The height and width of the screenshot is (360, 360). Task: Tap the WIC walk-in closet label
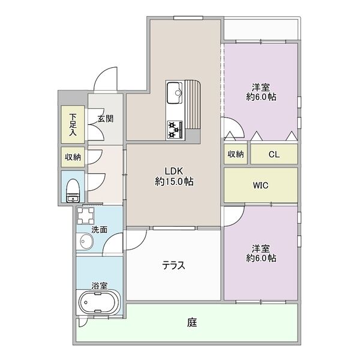pos(260,185)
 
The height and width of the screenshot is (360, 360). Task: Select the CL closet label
pos(274,154)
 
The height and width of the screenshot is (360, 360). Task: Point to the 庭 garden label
pos(191,322)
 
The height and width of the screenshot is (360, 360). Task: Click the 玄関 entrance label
pos(106,118)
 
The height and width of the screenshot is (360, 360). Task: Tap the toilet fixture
pos(72,189)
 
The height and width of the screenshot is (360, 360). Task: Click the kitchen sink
pos(177,92)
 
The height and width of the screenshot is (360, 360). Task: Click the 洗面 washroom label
pos(99,229)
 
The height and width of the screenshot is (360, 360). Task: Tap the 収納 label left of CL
pos(235,154)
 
